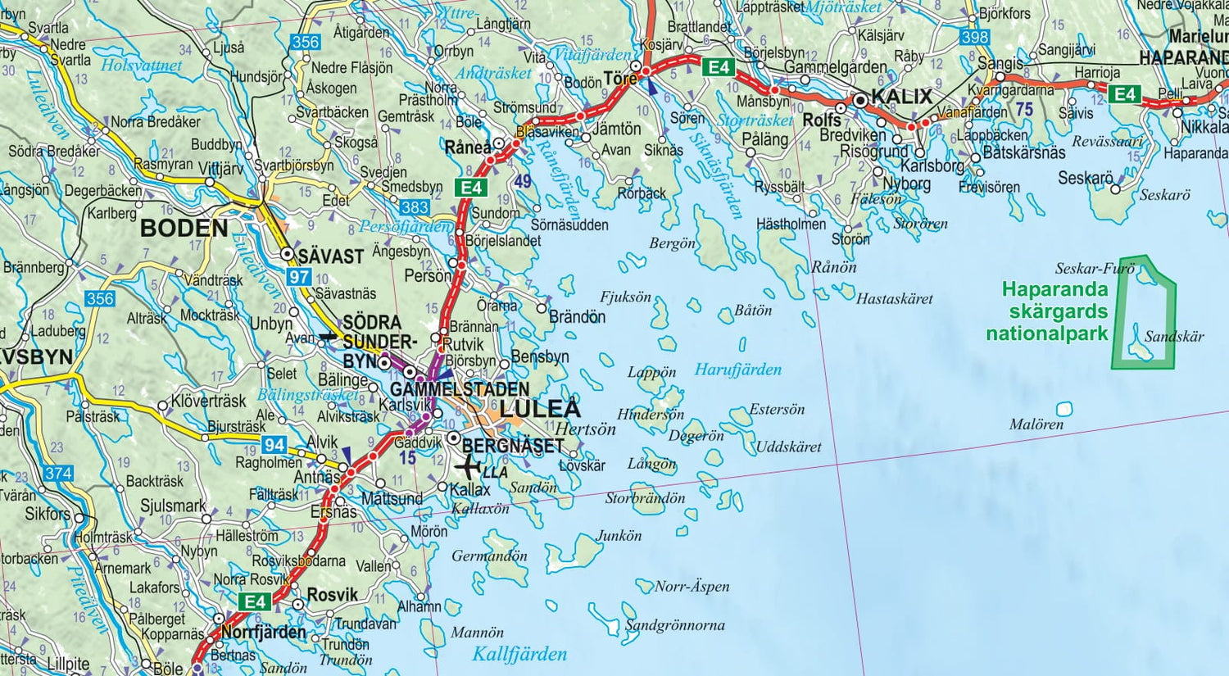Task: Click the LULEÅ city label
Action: pyautogui.click(x=539, y=409)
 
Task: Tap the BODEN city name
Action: pyautogui.click(x=184, y=228)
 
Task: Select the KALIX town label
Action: pyautogui.click(x=901, y=97)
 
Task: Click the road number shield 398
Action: pyautogui.click(x=974, y=38)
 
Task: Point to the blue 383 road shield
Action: pyautogui.click(x=415, y=207)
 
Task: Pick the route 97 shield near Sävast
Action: pyautogui.click(x=299, y=277)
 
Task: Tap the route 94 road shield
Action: pyautogui.click(x=274, y=445)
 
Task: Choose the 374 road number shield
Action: pyautogui.click(x=58, y=474)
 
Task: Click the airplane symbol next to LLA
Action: pyautogui.click(x=468, y=468)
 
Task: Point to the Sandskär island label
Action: pyautogui.click(x=1174, y=337)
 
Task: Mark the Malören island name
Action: pyautogui.click(x=1036, y=424)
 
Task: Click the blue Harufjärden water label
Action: pyautogui.click(x=737, y=370)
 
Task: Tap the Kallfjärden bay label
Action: pyautogui.click(x=519, y=654)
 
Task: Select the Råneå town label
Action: pyautogui.click(x=467, y=148)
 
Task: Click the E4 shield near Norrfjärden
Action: pyautogui.click(x=256, y=601)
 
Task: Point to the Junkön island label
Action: pyautogui.click(x=619, y=536)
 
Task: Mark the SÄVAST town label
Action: pyautogui.click(x=330, y=256)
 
